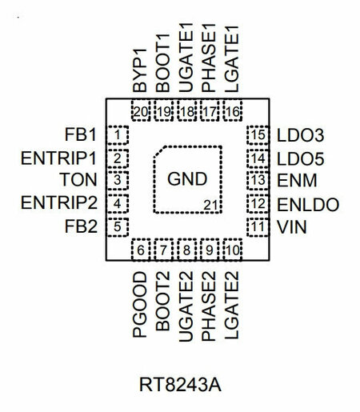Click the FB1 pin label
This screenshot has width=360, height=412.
[x=80, y=135]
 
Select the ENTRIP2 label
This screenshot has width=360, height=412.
[x=59, y=202]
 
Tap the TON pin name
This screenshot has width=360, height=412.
[x=78, y=180]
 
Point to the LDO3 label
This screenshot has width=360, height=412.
[x=301, y=135]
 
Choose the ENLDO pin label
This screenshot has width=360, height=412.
[x=308, y=205]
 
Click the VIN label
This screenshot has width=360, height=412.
[x=292, y=227]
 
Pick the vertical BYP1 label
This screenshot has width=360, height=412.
[x=140, y=70]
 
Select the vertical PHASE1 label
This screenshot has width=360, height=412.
[x=208, y=58]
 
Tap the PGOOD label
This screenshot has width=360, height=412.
[x=140, y=305]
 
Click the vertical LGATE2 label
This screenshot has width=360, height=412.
[x=231, y=305]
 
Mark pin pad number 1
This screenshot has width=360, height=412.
[x=118, y=135]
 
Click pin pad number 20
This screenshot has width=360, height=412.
[x=141, y=111]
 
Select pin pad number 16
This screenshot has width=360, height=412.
[x=233, y=111]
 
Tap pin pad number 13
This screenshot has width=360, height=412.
[x=258, y=180]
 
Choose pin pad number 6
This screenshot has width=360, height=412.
[x=141, y=250]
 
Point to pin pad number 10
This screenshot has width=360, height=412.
[x=233, y=250]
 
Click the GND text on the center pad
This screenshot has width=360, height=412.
[x=187, y=178]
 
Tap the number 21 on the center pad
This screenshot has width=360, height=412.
[x=210, y=206]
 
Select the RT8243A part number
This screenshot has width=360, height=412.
[x=180, y=385]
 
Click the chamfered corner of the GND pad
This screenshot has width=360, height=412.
[x=160, y=151]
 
